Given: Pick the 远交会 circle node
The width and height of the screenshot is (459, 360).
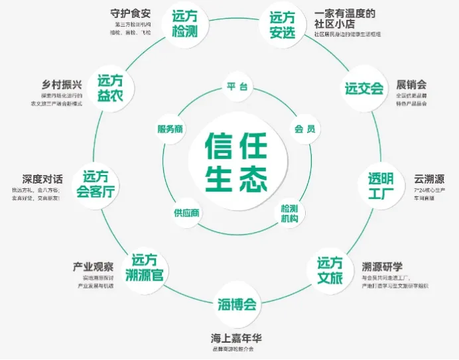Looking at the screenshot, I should [364, 88].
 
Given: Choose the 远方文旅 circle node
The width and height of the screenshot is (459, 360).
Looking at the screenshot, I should [330, 270].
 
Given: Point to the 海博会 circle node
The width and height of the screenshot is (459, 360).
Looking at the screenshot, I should [237, 304].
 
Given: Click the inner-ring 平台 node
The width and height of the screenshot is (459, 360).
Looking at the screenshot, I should [237, 87].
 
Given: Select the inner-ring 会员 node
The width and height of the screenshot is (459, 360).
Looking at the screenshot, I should [304, 129].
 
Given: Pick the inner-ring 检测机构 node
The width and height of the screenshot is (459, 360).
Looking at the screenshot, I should [290, 213].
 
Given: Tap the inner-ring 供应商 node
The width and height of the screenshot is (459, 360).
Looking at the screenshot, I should [187, 213].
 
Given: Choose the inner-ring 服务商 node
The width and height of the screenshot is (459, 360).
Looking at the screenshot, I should [170, 129].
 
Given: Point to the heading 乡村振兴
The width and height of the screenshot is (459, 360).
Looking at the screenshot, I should [60, 84].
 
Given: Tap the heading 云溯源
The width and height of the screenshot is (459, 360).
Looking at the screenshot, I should [428, 179].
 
